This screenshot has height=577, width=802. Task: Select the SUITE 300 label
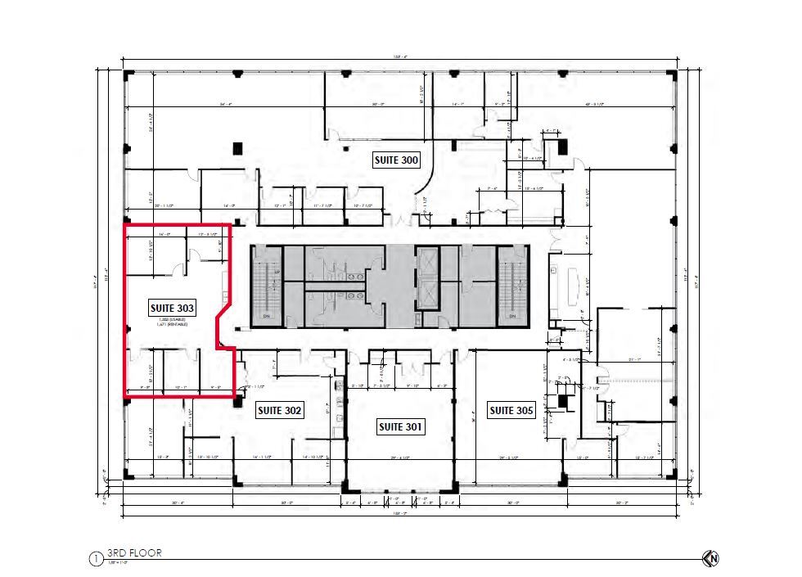pyautogui.click(x=396, y=160)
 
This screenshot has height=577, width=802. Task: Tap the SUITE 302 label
pyautogui.click(x=280, y=411)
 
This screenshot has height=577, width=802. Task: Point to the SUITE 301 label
pyautogui.click(x=399, y=426)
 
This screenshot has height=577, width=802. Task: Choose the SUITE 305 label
pyautogui.click(x=511, y=411)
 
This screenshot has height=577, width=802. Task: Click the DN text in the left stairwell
pyautogui.click(x=264, y=316)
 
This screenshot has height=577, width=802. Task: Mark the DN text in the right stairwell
pyautogui.click(x=513, y=316)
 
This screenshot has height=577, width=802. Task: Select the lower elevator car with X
pyautogui.click(x=427, y=295)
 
